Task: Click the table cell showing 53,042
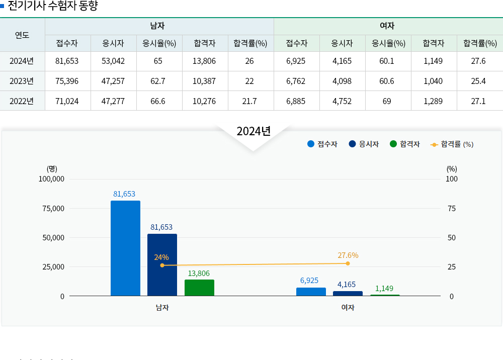click(113, 61)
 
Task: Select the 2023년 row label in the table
click(22, 81)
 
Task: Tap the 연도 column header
click(22, 35)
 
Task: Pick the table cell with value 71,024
click(67, 101)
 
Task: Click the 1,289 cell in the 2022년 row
click(433, 101)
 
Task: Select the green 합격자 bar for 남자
click(199, 288)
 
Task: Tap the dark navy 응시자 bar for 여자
click(348, 293)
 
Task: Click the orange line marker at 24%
click(162, 265)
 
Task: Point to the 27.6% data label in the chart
click(348, 255)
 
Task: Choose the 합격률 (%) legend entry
click(452, 144)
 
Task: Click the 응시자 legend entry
click(364, 144)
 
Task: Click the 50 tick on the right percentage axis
click(452, 237)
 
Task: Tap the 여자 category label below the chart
click(348, 307)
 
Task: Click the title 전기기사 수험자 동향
click(53, 6)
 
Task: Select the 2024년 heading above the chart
click(254, 131)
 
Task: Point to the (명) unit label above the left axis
click(52, 169)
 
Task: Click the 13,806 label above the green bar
click(199, 273)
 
